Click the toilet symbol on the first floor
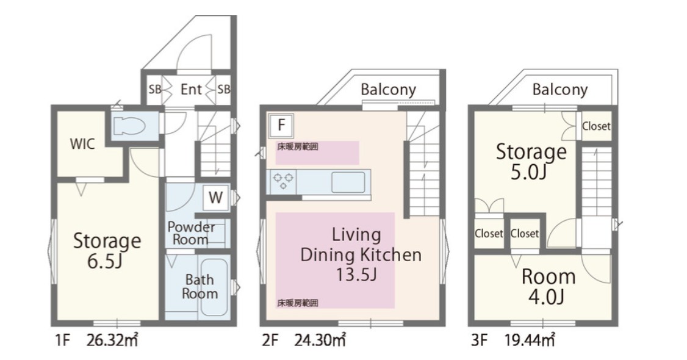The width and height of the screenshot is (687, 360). click(129, 126)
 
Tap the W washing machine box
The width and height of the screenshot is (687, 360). click(215, 198)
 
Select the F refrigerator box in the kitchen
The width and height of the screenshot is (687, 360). click(281, 125)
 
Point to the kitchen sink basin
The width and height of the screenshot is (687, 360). click(348, 182)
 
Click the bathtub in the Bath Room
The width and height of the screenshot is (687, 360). click(214, 287)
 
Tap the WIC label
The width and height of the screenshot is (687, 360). click(82, 143)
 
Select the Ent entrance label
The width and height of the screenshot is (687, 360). click(191, 89)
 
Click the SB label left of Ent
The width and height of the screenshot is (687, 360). click(154, 89)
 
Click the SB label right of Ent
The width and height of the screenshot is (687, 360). click(223, 89)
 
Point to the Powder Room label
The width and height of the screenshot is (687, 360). click(191, 234)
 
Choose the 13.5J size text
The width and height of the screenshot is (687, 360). click(356, 275)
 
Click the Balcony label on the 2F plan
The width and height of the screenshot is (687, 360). click(388, 90)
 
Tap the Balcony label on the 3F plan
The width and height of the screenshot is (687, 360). click(560, 90)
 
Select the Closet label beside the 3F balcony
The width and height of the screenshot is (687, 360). click(596, 126)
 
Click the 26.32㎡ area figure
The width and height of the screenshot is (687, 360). click(112, 340)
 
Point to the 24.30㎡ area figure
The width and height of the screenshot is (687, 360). click(320, 340)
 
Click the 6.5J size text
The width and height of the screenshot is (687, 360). click(104, 262)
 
